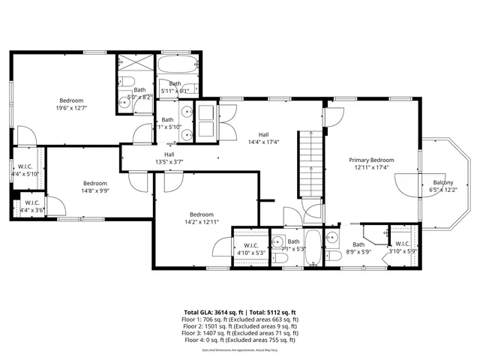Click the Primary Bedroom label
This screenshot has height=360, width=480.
[x=371, y=160]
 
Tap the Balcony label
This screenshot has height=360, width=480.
[x=442, y=182]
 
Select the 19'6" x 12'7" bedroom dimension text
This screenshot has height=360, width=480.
[x=72, y=108]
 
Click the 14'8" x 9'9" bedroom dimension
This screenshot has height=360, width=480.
[x=95, y=191]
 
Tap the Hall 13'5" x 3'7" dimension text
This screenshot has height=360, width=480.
[x=169, y=161]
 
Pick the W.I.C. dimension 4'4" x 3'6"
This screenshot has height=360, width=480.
[x=31, y=210]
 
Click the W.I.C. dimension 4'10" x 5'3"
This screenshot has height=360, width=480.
[x=250, y=253]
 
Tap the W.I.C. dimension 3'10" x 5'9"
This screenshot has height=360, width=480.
[x=402, y=251]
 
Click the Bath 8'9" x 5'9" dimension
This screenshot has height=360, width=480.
[x=358, y=251]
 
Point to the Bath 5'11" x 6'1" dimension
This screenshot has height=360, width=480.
[x=175, y=91]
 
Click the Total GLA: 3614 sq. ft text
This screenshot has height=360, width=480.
[x=210, y=312]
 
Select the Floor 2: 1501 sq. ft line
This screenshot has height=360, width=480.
[x=239, y=326]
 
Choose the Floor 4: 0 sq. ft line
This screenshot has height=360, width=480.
[x=239, y=340]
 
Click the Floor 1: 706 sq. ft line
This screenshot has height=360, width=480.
[x=239, y=319]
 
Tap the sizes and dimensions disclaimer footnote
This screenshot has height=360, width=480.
[x=239, y=349]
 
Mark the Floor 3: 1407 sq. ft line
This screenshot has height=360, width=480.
[x=239, y=333]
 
